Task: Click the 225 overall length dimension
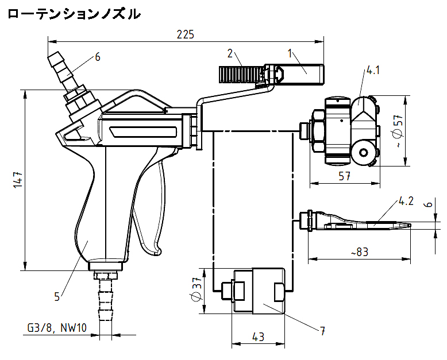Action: coord(185,34)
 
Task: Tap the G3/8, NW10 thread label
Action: coord(56,328)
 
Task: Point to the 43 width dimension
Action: coord(258,337)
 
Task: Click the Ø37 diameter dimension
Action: coord(196,291)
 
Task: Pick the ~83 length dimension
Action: coord(359,251)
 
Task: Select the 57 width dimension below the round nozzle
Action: coord(344,177)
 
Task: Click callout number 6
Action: coord(98,57)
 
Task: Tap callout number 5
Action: coord(57,296)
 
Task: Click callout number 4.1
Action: coord(373,71)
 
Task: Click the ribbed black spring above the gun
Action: coord(241,73)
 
